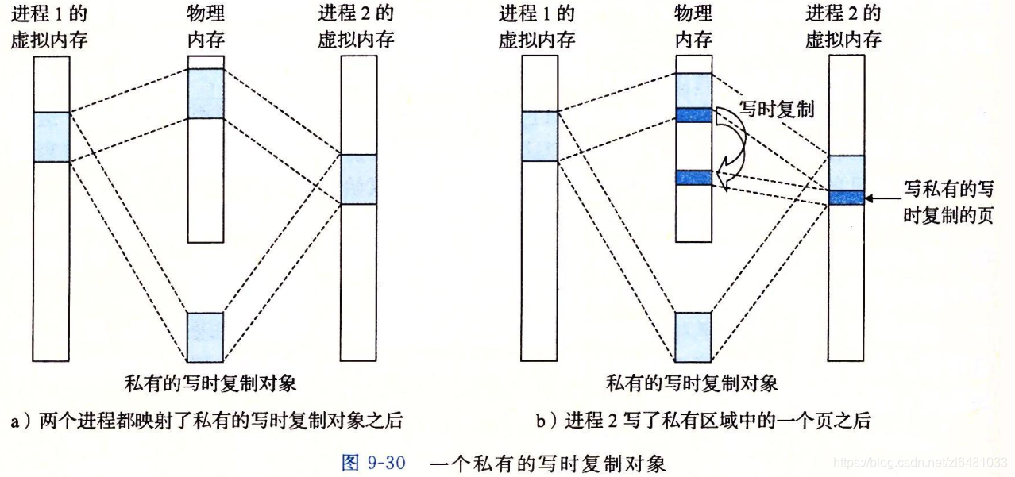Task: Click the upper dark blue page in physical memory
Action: pos(693,115)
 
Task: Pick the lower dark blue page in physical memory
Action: pos(693,178)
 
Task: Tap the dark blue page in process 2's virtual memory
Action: pos(846,197)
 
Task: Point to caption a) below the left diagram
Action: pos(206,421)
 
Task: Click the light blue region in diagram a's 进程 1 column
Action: pos(52,137)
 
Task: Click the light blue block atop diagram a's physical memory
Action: pos(206,93)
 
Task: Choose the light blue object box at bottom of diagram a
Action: pos(206,337)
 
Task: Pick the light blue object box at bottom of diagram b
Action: pos(693,337)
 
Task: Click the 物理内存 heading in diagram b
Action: pos(693,26)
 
